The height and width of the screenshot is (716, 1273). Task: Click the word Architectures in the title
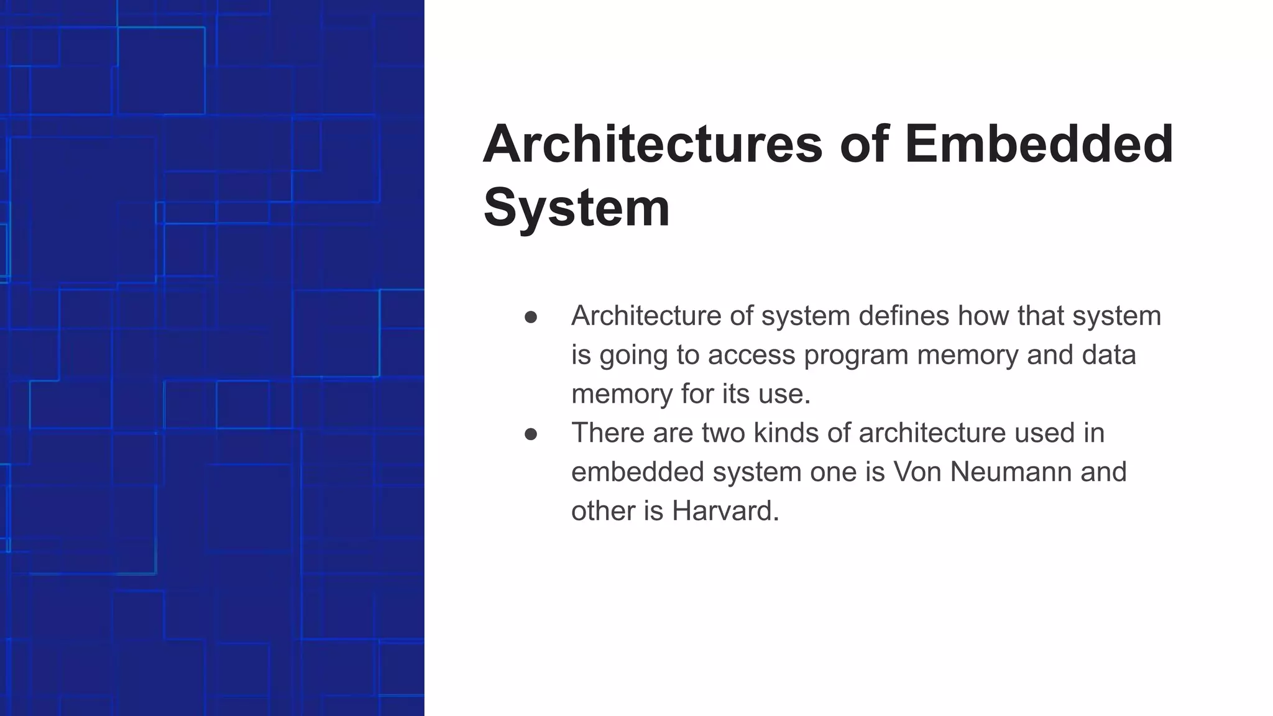[x=653, y=144]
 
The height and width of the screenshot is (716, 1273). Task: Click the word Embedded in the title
[x=1039, y=144]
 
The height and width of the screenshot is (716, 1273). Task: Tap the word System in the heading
[x=576, y=208]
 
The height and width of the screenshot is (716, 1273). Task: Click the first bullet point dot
[x=531, y=318]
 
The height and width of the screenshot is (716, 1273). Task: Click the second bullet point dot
[x=531, y=434]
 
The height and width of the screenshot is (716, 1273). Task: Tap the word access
[x=751, y=356]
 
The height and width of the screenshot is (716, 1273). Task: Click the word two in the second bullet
[x=724, y=433]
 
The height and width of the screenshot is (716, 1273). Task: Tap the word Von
[x=917, y=472]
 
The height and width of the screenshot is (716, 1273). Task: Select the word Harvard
[x=725, y=511]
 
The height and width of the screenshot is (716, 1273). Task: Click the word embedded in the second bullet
[x=637, y=472]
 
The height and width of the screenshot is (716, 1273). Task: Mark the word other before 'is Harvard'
[x=603, y=511]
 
